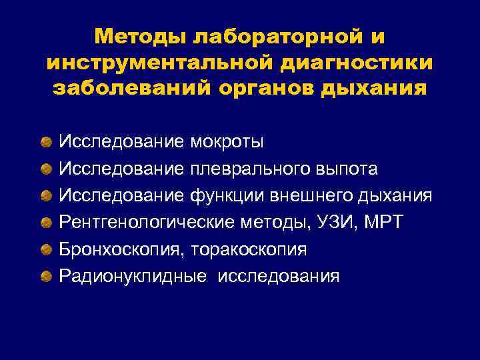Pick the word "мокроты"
coord(227,141)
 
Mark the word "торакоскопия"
coord(249,249)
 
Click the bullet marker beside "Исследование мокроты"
coord(45,142)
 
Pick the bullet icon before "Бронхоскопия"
coord(45,249)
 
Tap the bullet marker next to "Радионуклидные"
coord(45,276)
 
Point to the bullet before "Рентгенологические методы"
coord(45,223)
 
